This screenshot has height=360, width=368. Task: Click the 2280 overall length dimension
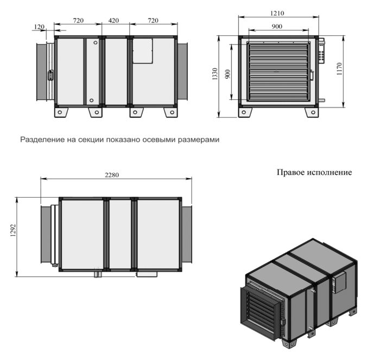pos(112,175)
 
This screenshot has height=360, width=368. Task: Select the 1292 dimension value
pos(13,230)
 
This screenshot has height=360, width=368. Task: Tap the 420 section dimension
pos(113,21)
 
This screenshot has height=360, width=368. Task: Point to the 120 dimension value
pos(39,27)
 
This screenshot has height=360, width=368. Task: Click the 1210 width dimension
pos(277,13)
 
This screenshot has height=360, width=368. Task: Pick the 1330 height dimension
pos(215,74)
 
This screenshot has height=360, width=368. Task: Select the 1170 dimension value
pos(339,69)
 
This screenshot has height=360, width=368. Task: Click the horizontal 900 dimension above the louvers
pos(277,26)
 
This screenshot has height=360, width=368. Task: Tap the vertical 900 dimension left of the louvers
pos(227,74)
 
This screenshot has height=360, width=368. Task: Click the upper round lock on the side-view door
pos(96,43)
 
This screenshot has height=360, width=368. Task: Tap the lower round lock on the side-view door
pos(92,100)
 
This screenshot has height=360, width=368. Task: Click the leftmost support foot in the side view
pos(61,112)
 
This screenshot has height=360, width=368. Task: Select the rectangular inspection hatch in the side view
pos(143,51)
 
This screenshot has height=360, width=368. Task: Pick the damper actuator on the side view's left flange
pos(50,75)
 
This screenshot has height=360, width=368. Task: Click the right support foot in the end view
pos(312,112)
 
